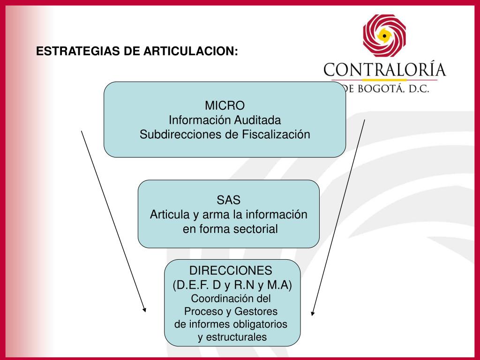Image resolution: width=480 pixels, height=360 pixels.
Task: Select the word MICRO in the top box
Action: tap(225, 105)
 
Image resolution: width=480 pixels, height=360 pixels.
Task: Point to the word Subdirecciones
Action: tap(180, 135)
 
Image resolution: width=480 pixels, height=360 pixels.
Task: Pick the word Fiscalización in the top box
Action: tap(276, 135)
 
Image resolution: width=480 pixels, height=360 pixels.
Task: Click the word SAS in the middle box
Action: tap(228, 200)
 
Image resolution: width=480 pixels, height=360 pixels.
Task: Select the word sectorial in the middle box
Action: tap(255, 229)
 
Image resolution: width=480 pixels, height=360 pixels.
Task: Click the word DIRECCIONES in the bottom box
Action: tap(230, 270)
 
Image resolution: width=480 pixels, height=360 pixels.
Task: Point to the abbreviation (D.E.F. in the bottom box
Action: tap(188, 285)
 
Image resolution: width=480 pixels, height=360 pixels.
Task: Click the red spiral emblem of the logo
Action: tap(384, 36)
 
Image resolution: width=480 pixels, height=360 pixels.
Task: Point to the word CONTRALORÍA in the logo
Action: tap(384, 70)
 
